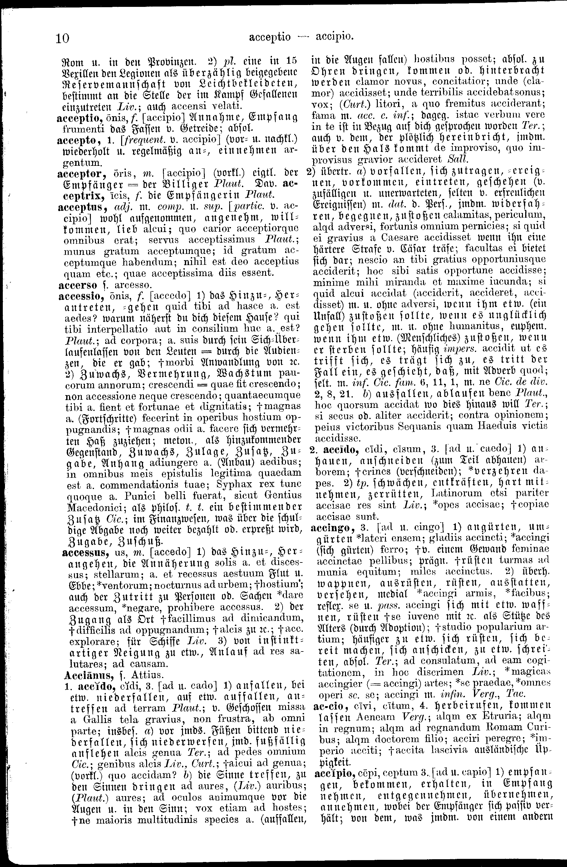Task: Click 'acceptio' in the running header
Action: point(269,37)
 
